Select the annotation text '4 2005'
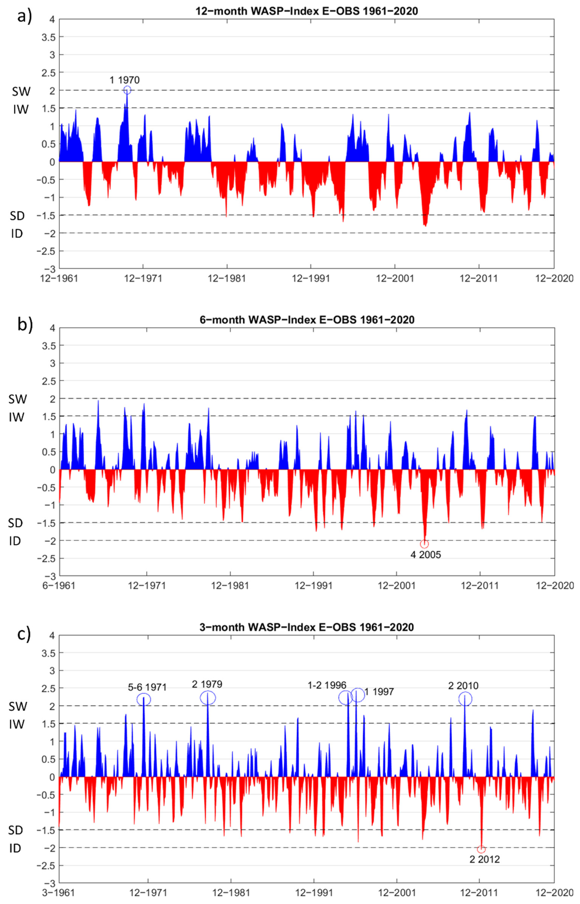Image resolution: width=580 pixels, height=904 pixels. tap(426, 555)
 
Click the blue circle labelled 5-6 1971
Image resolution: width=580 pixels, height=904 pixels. tap(144, 699)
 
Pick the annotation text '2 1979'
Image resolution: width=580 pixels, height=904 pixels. tap(207, 684)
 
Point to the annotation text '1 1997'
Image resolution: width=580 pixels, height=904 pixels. tap(379, 692)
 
